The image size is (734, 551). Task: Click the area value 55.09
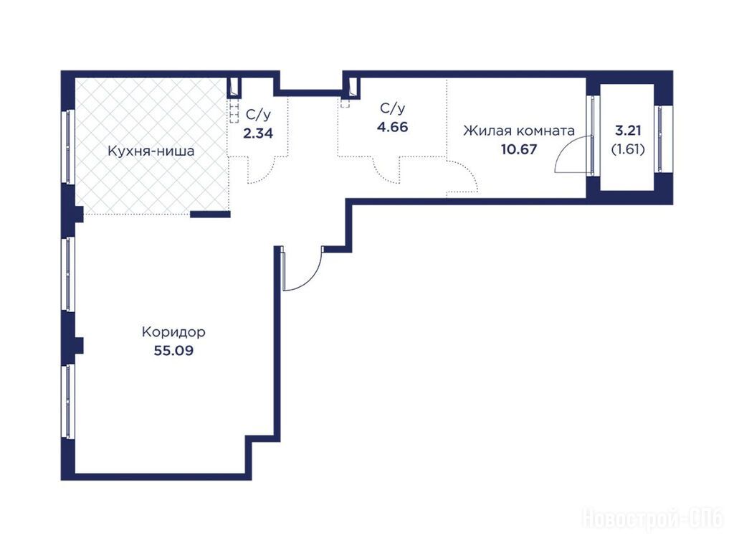pyautogui.click(x=173, y=350)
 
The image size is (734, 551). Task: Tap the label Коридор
pyautogui.click(x=173, y=332)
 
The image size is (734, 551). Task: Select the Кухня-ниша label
pyautogui.click(x=151, y=151)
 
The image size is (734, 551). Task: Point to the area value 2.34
pyautogui.click(x=258, y=133)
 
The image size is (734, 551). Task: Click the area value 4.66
pyautogui.click(x=392, y=127)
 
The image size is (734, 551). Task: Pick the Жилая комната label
pyautogui.click(x=519, y=131)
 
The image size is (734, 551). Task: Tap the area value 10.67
pyautogui.click(x=519, y=149)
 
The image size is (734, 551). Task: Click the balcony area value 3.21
pyautogui.click(x=628, y=131)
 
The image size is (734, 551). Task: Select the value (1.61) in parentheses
pyautogui.click(x=628, y=149)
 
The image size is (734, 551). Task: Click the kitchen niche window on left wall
pyautogui.click(x=70, y=146)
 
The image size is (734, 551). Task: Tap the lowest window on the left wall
pyautogui.click(x=70, y=402)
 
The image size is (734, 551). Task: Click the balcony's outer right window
pyautogui.click(x=660, y=138)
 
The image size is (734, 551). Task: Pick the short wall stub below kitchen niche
pyautogui.click(x=210, y=215)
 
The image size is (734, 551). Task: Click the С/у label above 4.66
pyautogui.click(x=392, y=109)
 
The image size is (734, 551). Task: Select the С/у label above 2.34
pyautogui.click(x=258, y=115)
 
